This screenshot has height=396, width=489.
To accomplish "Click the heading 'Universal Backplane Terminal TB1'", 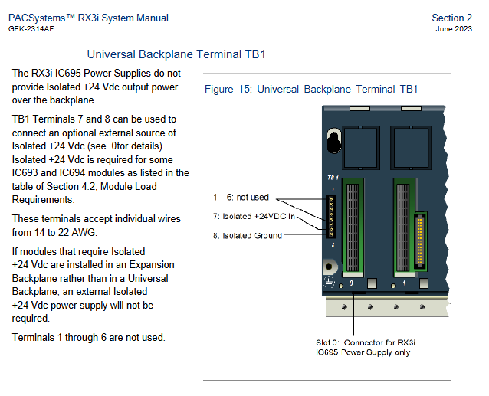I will coord(176,54).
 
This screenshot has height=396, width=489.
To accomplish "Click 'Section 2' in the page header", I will coord(452,18).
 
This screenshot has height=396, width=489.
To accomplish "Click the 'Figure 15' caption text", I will coord(310,89).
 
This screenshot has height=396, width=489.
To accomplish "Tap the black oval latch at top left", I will coord(333,141).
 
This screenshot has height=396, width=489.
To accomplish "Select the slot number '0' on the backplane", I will coord(352,283).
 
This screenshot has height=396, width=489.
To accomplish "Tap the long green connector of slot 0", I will coord(353,226).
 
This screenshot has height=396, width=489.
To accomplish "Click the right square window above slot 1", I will coord(412,143).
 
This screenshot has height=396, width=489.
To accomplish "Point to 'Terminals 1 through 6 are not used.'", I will coord(88,337).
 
